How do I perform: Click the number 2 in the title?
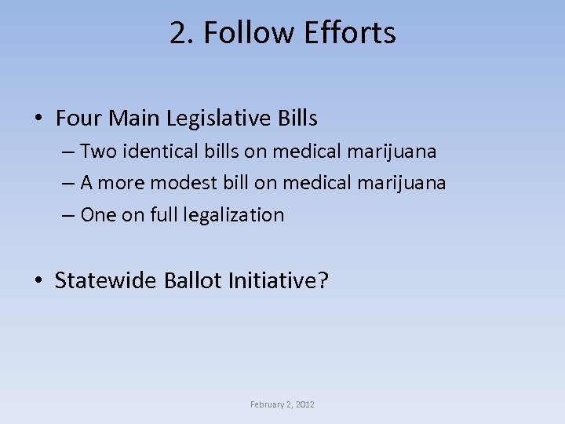click(x=177, y=33)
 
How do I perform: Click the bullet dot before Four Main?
click(x=38, y=119)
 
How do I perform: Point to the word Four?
click(x=79, y=119)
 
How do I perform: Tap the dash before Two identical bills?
click(x=68, y=151)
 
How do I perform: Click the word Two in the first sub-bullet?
click(x=99, y=150)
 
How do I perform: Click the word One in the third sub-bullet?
click(x=98, y=215)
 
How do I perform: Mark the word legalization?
click(x=236, y=215)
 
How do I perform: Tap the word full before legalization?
click(x=166, y=215)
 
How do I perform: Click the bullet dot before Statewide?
click(x=38, y=281)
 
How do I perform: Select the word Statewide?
click(x=106, y=280)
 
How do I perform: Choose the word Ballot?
click(x=193, y=280)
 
